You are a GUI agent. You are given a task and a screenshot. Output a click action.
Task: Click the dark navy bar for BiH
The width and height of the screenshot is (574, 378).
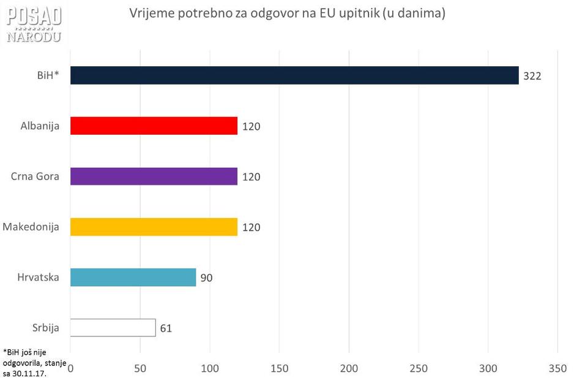294,75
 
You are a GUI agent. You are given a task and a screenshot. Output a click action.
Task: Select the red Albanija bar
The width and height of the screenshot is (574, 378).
154,126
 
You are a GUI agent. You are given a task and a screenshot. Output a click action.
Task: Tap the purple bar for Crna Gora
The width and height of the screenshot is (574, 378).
154,176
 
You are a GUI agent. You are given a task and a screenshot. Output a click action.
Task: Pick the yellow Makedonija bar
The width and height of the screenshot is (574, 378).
154,227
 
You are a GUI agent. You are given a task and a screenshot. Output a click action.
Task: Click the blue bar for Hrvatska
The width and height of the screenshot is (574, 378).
133,277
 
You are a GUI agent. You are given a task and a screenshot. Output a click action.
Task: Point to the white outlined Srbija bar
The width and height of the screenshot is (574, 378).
113,327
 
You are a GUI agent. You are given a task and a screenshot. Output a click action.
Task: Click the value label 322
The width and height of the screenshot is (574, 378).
532,76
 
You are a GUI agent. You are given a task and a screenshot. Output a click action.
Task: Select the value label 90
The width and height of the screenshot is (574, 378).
206,278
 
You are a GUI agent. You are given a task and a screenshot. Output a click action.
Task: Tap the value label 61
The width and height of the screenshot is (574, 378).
166,328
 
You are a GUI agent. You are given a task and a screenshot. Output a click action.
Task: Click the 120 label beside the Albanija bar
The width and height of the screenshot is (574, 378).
251,126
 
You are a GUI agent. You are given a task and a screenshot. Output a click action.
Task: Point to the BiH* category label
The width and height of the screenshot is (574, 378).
48,75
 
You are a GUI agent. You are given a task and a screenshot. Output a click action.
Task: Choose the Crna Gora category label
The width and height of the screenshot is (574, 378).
35,176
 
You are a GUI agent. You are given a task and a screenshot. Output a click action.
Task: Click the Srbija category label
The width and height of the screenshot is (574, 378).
45,327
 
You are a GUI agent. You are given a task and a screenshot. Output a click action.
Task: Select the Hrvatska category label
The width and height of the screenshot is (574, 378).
38,277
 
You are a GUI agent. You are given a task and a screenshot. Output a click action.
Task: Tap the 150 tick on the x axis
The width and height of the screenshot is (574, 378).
279,368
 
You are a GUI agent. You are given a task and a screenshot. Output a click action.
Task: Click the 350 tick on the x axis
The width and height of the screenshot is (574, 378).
557,368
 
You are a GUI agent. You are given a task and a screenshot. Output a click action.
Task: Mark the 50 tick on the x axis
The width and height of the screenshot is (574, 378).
140,368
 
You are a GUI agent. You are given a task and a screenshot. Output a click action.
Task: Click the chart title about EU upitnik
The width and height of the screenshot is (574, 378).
288,13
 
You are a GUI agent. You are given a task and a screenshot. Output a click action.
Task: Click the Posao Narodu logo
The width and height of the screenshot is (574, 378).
34,24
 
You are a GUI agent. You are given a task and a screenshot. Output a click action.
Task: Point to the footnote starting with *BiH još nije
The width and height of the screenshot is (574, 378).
34,363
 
